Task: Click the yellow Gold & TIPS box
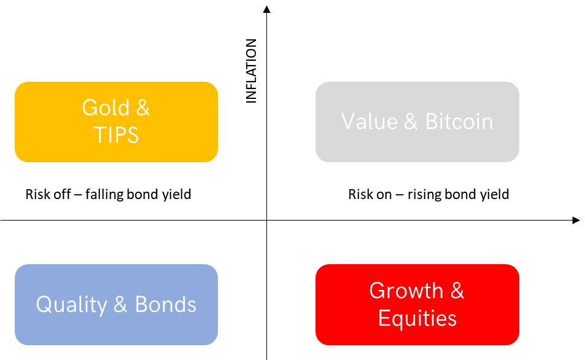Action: click(x=116, y=122)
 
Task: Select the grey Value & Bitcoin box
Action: click(x=417, y=122)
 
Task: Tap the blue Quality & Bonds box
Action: click(x=116, y=305)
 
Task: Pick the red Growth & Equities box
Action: click(x=417, y=305)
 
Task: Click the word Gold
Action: click(x=106, y=108)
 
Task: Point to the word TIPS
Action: click(x=116, y=135)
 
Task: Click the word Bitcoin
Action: click(x=459, y=122)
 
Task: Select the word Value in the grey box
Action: click(x=370, y=122)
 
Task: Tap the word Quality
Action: click(x=72, y=305)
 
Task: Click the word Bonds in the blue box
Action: click(x=165, y=304)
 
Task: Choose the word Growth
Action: click(x=406, y=291)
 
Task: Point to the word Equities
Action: click(x=417, y=319)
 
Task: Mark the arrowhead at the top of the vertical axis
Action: click(x=266, y=9)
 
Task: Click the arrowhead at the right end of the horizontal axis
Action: click(x=576, y=221)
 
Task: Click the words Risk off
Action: click(x=48, y=194)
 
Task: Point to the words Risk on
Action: click(x=370, y=195)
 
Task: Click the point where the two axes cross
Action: click(x=267, y=221)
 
